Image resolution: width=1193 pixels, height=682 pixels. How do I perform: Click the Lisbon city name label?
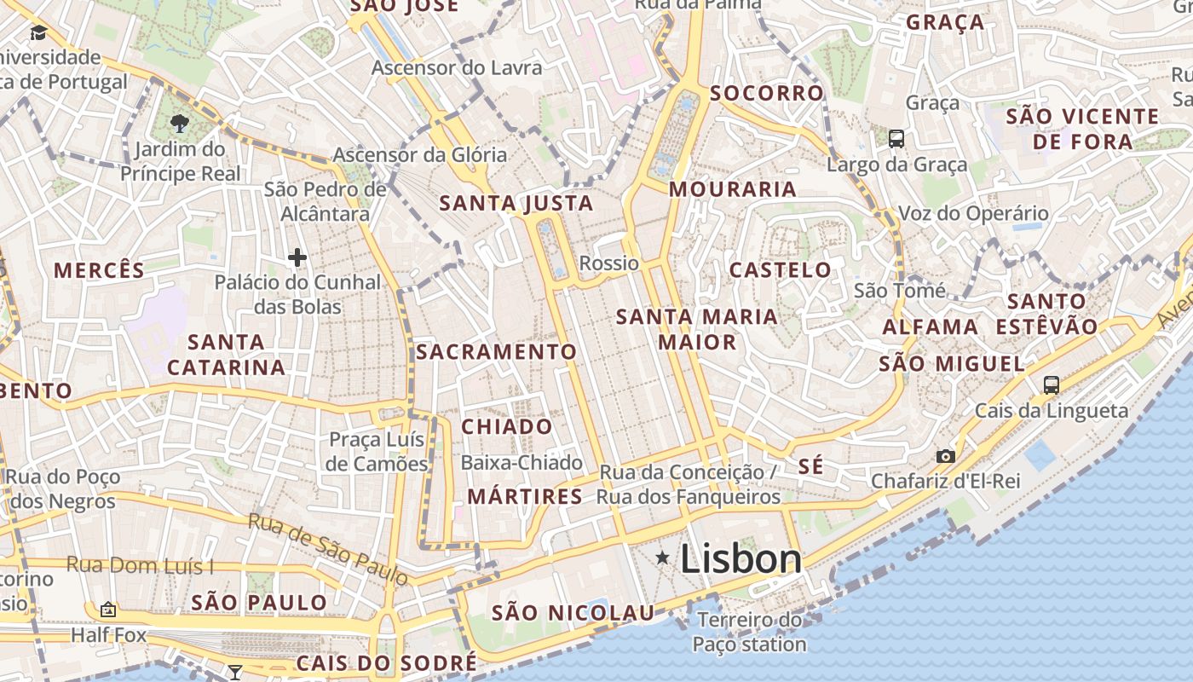point(741,559)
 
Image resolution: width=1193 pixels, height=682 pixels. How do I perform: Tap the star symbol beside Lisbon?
point(662,558)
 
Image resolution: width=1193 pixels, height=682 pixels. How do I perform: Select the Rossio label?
point(608,263)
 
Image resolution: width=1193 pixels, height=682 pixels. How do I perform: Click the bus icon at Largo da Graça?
point(896,138)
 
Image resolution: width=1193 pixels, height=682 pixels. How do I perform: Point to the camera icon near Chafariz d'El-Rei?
point(946,456)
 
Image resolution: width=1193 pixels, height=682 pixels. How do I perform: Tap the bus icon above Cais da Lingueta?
point(1052,385)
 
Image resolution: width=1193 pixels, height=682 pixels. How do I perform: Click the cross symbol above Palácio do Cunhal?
point(297,257)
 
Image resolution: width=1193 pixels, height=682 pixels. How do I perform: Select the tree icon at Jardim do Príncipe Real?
point(179,124)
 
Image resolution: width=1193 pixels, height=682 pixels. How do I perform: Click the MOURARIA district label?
point(733,189)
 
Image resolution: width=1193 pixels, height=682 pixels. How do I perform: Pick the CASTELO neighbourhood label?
point(780,270)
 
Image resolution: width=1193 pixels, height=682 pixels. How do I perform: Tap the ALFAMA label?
point(930,327)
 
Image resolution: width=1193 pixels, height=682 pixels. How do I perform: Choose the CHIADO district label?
point(506,426)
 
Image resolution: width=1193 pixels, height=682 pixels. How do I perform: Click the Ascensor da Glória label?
point(419,155)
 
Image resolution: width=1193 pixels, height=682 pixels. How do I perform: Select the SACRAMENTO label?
point(496,352)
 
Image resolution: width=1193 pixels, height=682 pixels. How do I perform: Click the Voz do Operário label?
point(973,213)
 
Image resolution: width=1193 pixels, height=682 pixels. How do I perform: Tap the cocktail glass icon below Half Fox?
point(234,672)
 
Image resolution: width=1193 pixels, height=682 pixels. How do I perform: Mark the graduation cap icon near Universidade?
point(38,33)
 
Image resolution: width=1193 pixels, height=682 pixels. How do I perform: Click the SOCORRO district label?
point(767,93)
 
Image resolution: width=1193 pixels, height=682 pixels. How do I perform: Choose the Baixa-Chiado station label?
point(522,463)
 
